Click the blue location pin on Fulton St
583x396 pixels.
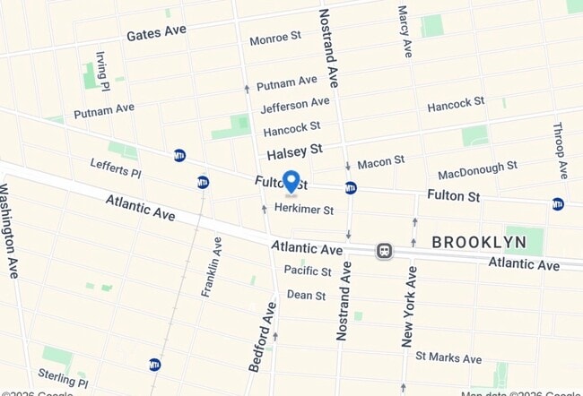tap(291, 182)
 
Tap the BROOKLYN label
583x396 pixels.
tap(479, 242)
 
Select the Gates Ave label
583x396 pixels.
tap(156, 32)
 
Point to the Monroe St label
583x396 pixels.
tap(275, 38)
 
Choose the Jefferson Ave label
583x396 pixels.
tap(295, 106)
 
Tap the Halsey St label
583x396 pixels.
tap(293, 149)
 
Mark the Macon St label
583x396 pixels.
tap(380, 162)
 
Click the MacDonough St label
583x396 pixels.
tap(477, 170)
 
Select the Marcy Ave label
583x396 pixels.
tap(405, 31)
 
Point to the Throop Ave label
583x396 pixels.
tap(561, 150)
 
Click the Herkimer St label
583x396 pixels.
tap(304, 210)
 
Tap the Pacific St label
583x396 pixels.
tap(308, 270)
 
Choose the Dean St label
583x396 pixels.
tap(306, 294)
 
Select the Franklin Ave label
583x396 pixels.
tap(212, 267)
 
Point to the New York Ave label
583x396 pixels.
tap(409, 306)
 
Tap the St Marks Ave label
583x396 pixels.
tap(448, 357)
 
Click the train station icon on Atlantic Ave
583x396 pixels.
tap(384, 251)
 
